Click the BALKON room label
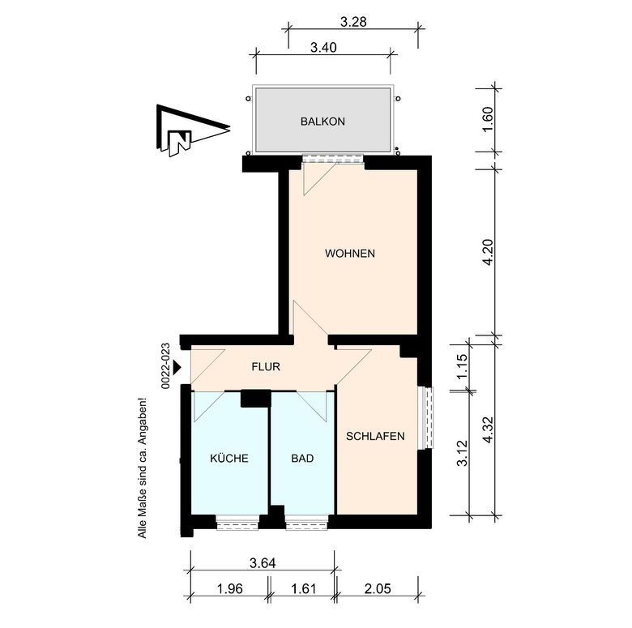coord(322,122)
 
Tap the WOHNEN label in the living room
coord(350,254)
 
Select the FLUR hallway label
coord(266,367)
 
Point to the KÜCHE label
coord(229,458)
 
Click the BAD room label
coord(302,459)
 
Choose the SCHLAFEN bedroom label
coord(375,436)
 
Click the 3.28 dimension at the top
coord(353,22)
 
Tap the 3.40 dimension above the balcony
coord(323,48)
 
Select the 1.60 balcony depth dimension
coord(487,119)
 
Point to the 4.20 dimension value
coord(487,252)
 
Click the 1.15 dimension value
coord(463,365)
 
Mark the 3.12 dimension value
coord(463,453)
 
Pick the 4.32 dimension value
coord(487,429)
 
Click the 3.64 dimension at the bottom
coord(263,562)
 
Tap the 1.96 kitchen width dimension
coord(230,589)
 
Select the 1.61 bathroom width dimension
coord(304,589)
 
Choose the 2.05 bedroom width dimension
coord(378,589)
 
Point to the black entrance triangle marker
coord(177,368)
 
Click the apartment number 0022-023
coord(165,366)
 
